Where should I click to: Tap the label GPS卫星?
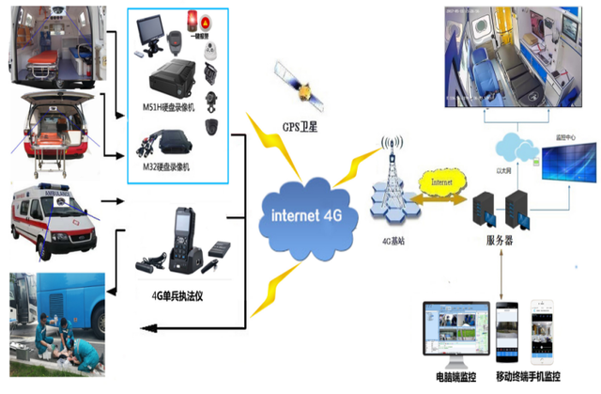300,126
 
